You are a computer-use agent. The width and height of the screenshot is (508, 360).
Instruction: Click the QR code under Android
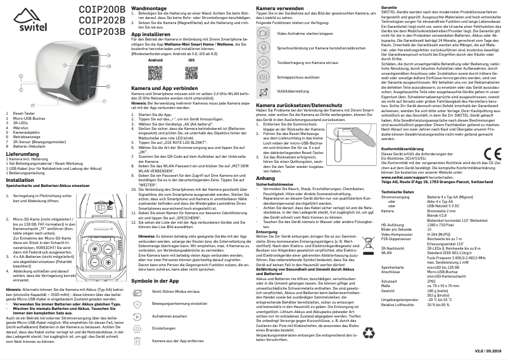point(155,72)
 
